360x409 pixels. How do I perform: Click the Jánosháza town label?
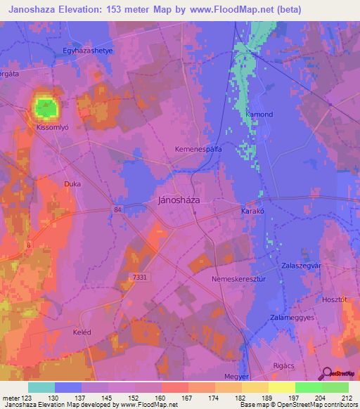tap(176, 200)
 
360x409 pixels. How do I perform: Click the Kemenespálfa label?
tap(198, 150)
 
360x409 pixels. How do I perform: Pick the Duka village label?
tap(72, 184)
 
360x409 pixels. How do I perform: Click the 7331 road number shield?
tap(140, 278)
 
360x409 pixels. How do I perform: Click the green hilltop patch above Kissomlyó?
tap(46, 108)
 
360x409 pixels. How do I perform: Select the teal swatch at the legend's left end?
tap(41, 387)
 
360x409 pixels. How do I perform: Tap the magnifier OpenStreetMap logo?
tap(325, 374)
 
